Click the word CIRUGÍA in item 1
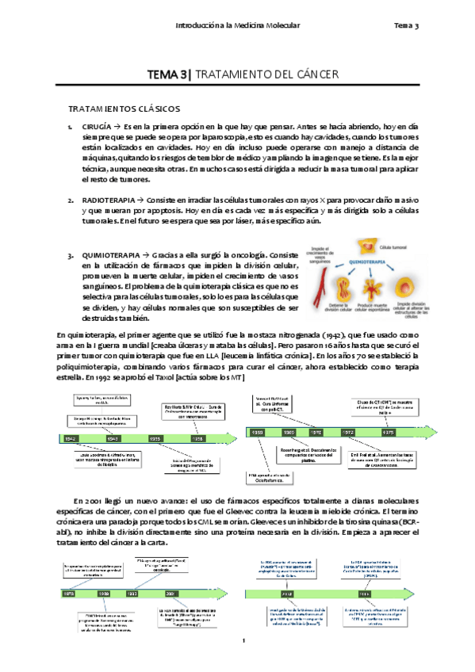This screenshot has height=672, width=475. tap(97, 127)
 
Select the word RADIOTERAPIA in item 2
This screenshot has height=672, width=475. tap(105, 200)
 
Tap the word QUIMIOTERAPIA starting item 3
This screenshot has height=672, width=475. tap(110, 255)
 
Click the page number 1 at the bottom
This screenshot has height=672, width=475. tap(246, 640)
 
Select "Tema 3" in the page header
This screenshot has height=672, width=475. tap(406, 26)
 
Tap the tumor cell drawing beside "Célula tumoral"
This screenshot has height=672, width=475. tap(366, 247)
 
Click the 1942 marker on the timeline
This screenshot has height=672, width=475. tap(71, 438)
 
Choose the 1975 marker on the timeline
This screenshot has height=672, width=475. tap(388, 433)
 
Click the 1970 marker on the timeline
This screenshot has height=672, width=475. tap(316, 433)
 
